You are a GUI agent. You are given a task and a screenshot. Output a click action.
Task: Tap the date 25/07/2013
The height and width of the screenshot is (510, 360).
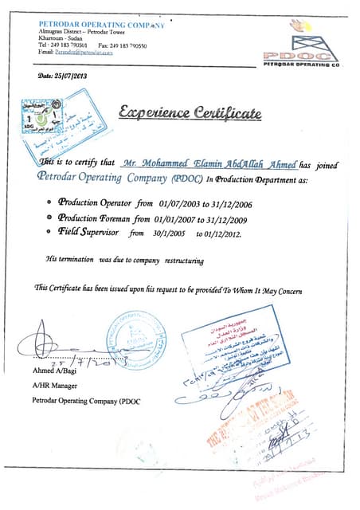64,76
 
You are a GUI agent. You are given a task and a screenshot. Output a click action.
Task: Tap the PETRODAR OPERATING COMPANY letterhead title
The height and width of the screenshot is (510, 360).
100,25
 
